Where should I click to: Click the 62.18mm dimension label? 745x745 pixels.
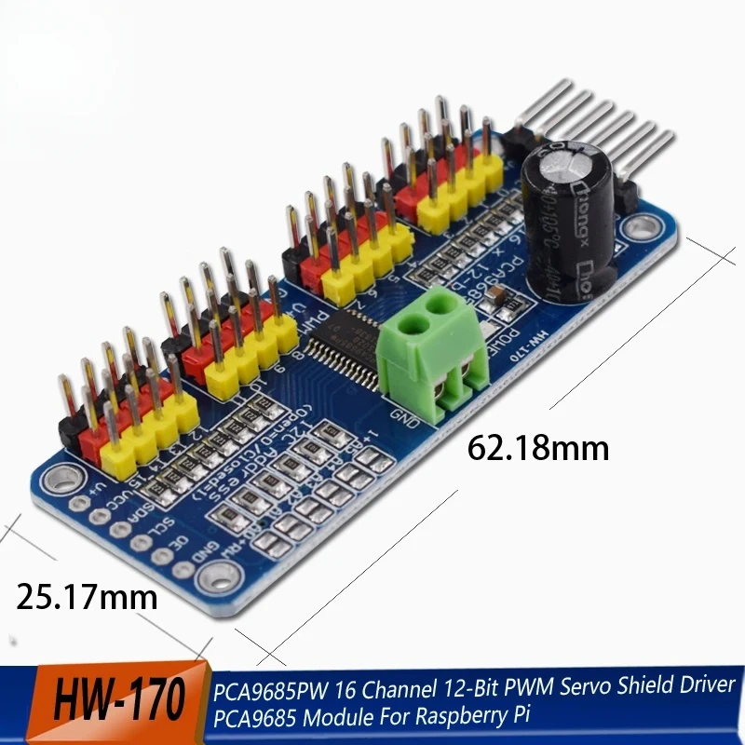click(x=537, y=448)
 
